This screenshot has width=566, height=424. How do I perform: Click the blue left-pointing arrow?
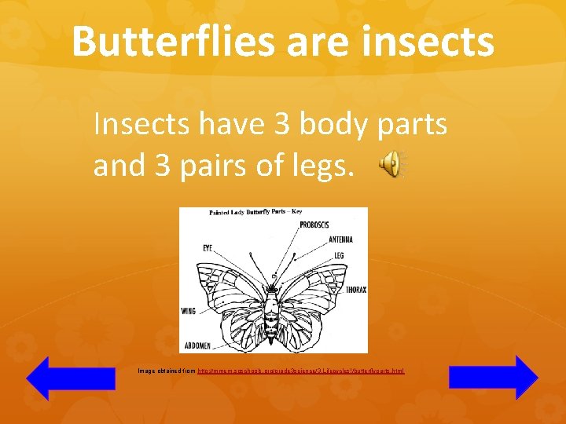pos(59,378)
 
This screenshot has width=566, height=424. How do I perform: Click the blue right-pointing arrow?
pos(494,377)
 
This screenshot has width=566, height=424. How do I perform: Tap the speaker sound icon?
pos(391,164)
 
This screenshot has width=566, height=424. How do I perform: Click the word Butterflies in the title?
pos(172,41)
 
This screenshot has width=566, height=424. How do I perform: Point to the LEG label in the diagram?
pos(338,255)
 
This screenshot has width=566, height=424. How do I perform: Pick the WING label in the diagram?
pos(188,311)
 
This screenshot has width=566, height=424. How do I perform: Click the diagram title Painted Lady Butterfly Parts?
pos(248,212)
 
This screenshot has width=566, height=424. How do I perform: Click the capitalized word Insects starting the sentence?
pos(141,123)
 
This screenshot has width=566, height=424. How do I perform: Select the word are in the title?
pos(319,41)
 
